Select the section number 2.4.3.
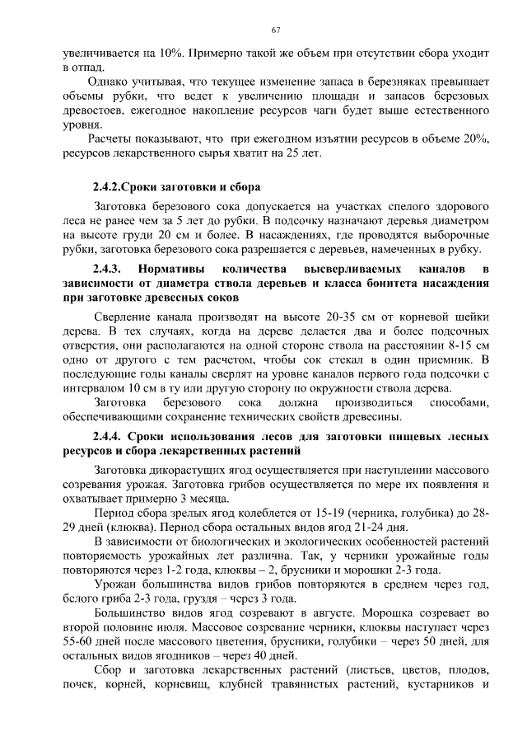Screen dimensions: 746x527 point(107,270)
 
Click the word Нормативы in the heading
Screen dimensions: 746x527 point(173,270)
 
